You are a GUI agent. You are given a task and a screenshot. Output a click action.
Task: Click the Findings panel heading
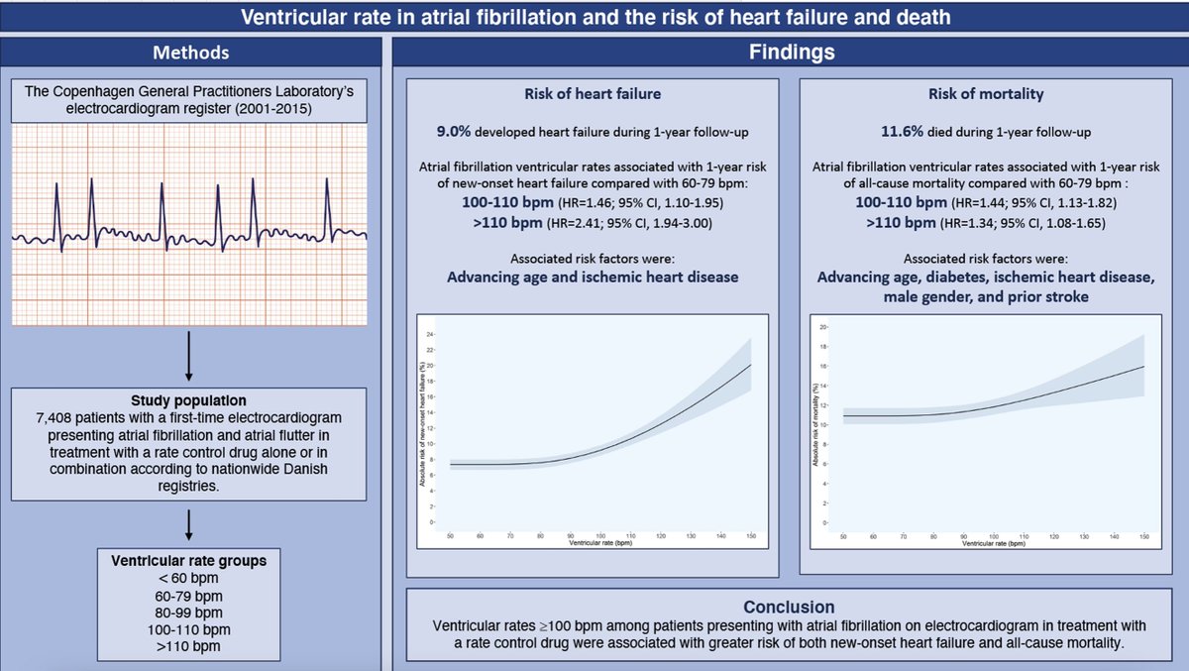pos(790,52)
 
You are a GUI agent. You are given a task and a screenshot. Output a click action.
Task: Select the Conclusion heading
pos(789,607)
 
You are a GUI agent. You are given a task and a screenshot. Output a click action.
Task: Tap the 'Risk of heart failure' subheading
pos(592,95)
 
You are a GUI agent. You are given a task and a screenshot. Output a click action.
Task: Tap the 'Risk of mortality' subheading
pos(985,95)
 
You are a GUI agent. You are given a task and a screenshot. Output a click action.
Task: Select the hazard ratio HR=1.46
pos(585,202)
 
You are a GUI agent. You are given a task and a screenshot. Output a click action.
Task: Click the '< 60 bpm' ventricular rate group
pos(188,577)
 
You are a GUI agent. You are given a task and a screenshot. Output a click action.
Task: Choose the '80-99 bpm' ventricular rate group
pos(188,612)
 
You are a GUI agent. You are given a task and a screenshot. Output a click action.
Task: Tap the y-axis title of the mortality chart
pos(816,425)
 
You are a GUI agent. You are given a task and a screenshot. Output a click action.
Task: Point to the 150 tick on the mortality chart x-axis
pos(1143,535)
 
